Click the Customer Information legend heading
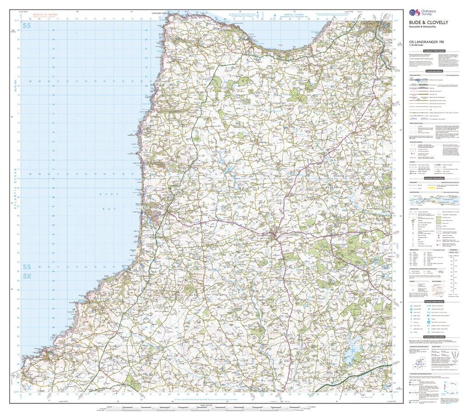coord(434,50)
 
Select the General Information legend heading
coord(434,178)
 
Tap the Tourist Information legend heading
coord(434,301)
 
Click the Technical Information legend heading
coord(434,336)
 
